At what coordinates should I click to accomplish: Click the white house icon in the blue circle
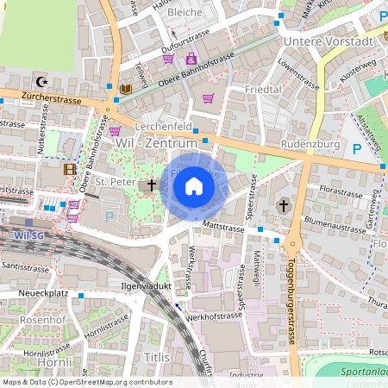pos(194,185)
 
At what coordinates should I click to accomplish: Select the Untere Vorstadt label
pos(327,41)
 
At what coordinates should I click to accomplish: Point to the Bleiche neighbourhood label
pos(185,13)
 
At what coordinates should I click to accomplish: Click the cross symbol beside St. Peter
pos(152,185)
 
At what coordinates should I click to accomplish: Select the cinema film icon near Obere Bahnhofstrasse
pos(69,169)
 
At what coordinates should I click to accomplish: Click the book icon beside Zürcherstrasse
pos(127,89)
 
